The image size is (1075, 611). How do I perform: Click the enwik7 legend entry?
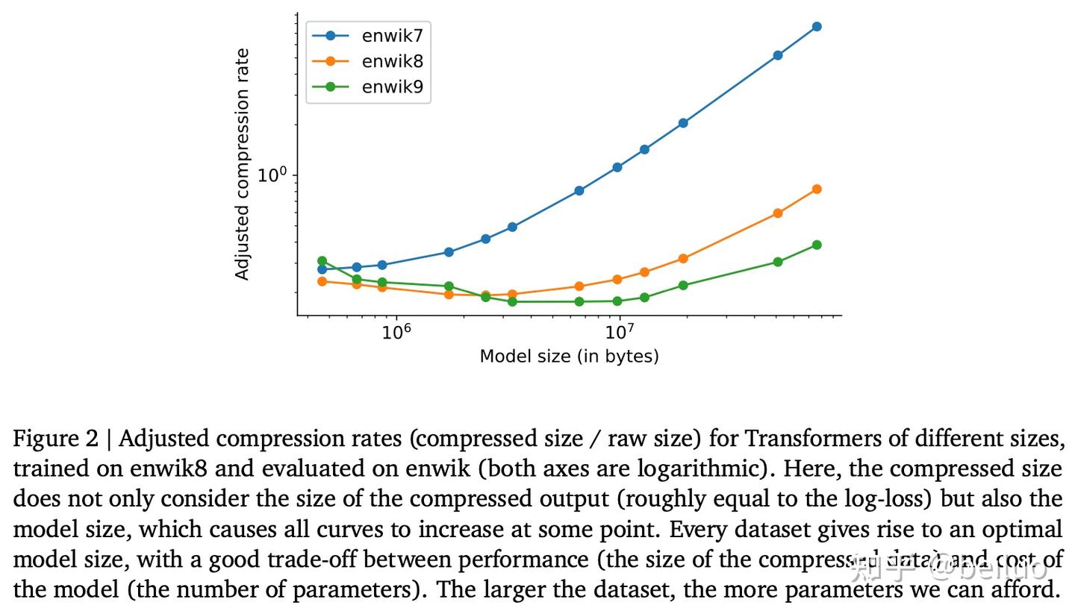(392, 36)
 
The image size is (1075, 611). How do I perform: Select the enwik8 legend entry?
(392, 61)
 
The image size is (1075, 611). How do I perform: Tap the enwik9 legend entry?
(392, 87)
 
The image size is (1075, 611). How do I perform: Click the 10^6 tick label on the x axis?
(396, 332)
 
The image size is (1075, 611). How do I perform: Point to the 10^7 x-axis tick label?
(619, 332)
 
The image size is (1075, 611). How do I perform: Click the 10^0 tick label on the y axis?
(272, 175)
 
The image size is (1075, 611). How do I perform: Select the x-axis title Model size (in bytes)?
(569, 357)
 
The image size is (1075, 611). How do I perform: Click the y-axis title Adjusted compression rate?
(242, 164)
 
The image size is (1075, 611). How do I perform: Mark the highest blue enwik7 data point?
(817, 27)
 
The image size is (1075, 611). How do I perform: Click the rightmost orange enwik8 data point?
(817, 189)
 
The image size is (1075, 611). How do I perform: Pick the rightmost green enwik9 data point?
(817, 245)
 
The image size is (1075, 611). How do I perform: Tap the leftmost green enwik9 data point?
(322, 261)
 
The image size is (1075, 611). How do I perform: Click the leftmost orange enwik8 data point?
(322, 281)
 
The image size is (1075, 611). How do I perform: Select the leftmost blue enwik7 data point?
(322, 269)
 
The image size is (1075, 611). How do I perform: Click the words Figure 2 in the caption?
(55, 439)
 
